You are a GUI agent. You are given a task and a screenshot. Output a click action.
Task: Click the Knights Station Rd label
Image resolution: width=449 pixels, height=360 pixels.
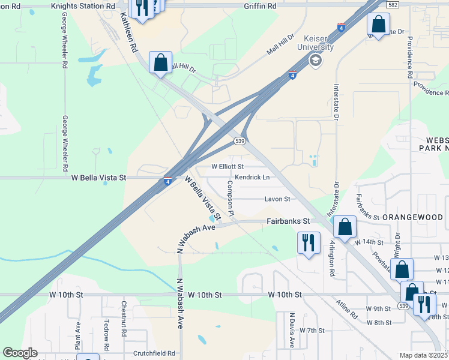pyautogui.click(x=82, y=5)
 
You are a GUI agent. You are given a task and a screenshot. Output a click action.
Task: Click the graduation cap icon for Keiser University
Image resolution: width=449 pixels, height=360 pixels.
pyautogui.click(x=315, y=60)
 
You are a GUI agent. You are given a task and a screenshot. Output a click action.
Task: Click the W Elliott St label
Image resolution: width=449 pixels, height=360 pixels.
pyautogui.click(x=228, y=166)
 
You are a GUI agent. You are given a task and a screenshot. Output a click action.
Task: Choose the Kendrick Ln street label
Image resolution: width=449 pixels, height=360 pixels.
pyautogui.click(x=252, y=177)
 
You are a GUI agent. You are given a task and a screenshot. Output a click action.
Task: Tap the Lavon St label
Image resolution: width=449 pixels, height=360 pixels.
pyautogui.click(x=278, y=199)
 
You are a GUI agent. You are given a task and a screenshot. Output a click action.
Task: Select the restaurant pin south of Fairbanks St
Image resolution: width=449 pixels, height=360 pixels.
pyautogui.click(x=309, y=243)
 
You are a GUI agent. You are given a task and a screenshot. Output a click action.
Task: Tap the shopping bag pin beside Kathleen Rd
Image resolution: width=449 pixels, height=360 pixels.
pyautogui.click(x=160, y=62)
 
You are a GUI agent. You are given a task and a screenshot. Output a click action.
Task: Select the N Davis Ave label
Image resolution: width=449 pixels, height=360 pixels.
pyautogui.click(x=292, y=330)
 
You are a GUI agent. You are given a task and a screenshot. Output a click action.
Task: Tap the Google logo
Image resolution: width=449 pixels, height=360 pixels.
pyautogui.click(x=20, y=353)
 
